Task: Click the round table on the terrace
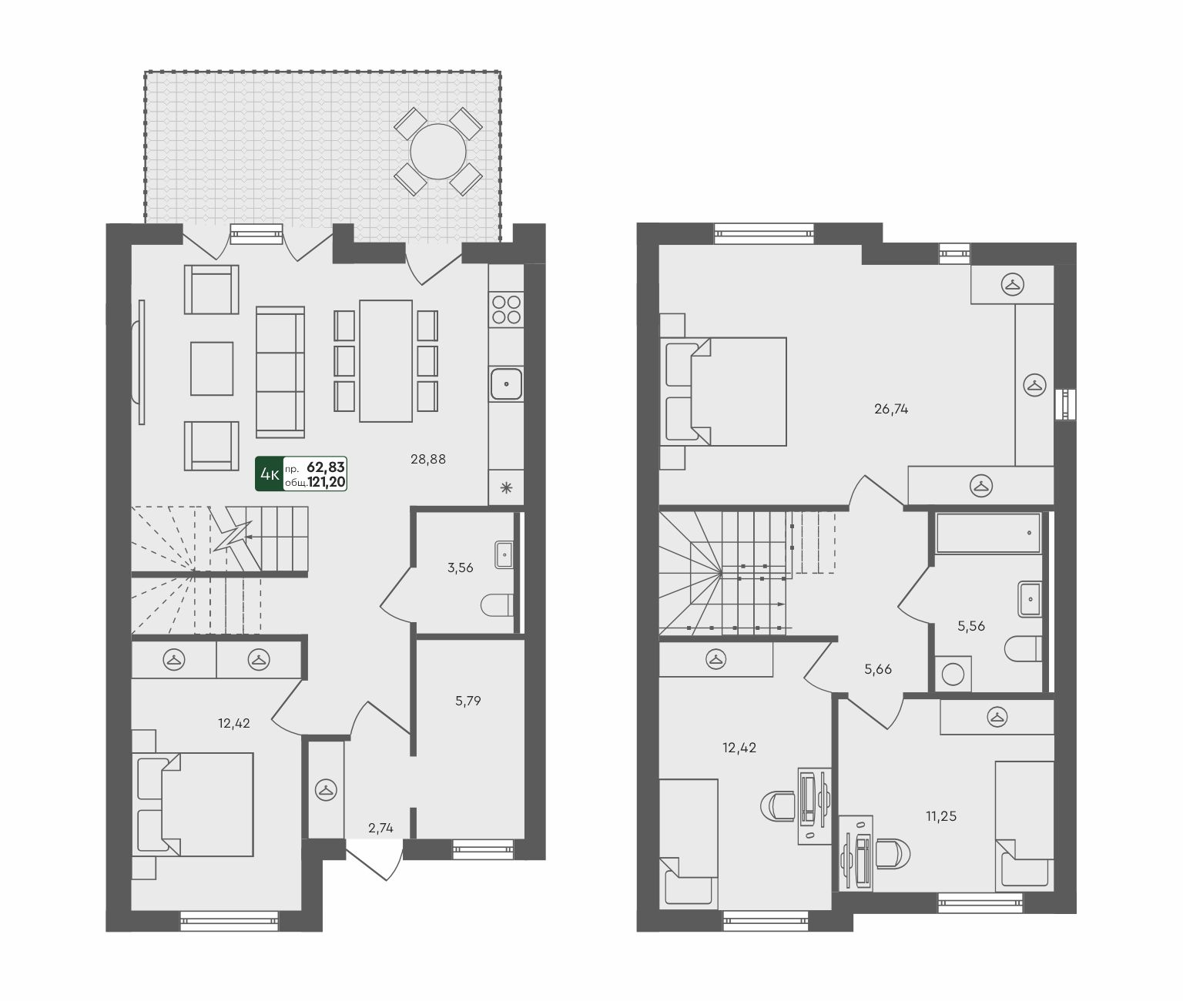(x=437, y=152)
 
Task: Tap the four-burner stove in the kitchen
(x=506, y=310)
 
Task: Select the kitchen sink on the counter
(x=506, y=383)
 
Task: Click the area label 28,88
(x=428, y=459)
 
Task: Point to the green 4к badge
(x=269, y=474)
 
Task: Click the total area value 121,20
(x=327, y=483)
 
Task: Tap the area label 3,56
(x=460, y=567)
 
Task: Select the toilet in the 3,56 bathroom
(x=497, y=605)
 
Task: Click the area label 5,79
(x=468, y=701)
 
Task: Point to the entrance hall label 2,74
(x=380, y=828)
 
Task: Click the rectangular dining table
(x=386, y=361)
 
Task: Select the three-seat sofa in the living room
(x=280, y=372)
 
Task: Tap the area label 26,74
(x=891, y=409)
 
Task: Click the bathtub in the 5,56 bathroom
(x=988, y=533)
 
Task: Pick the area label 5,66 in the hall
(x=877, y=669)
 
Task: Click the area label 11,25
(x=941, y=816)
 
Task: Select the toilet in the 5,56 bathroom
(x=1023, y=648)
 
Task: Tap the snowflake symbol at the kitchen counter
(x=506, y=488)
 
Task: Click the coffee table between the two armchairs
(x=212, y=369)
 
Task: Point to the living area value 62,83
(x=326, y=467)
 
